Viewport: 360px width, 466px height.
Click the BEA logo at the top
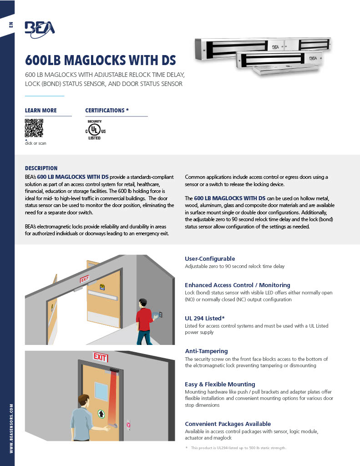tap(40, 28)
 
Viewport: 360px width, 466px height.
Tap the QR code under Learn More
tap(34, 128)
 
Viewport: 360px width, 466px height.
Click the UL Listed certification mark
tap(95, 130)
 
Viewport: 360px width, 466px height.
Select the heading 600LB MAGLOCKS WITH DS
tap(100, 61)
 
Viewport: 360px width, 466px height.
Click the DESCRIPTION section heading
tap(41, 168)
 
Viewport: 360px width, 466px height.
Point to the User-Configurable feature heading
tap(210, 258)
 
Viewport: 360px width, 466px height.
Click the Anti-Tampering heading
tap(206, 351)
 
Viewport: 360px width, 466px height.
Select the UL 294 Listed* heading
tap(204, 318)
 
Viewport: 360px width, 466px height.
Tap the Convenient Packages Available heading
tap(228, 424)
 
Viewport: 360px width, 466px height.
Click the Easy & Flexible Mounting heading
tap(220, 384)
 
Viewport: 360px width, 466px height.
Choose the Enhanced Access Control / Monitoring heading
tap(237, 285)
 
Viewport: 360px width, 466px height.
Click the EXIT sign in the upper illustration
tap(85, 279)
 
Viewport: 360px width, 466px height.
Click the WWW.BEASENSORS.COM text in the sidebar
tap(10, 428)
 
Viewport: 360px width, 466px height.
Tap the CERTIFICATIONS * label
tap(107, 111)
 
